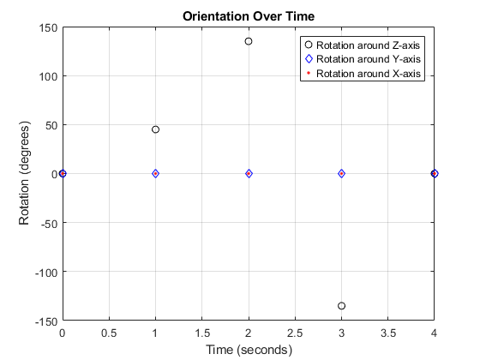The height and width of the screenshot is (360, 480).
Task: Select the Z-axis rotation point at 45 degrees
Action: click(155, 129)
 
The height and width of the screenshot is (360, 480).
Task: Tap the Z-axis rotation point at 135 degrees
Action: click(249, 41)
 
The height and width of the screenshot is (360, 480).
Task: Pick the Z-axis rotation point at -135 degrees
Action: click(341, 306)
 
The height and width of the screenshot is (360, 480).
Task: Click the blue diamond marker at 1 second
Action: click(155, 173)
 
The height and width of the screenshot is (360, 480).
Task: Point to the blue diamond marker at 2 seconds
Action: click(249, 173)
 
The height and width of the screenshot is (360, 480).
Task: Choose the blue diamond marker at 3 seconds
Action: click(341, 173)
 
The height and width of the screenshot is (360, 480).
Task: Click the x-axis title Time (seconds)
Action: click(248, 350)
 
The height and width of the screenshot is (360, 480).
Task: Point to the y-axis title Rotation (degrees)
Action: click(26, 174)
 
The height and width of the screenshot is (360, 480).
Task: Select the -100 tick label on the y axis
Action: click(44, 272)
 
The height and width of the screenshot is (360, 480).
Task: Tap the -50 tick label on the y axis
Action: click(46, 223)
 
